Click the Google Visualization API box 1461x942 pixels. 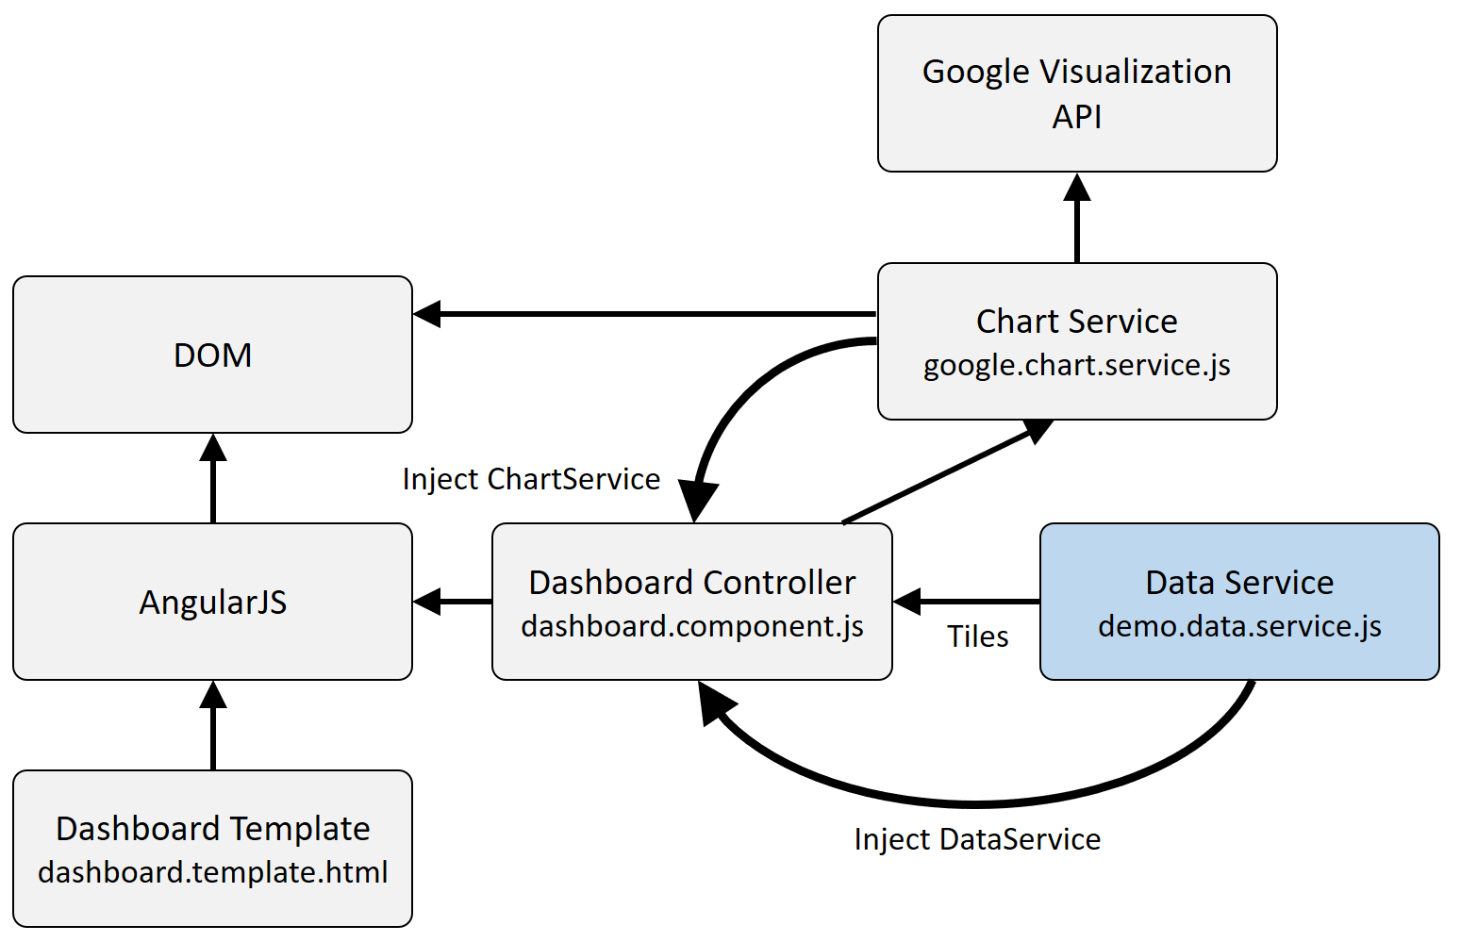point(1076,93)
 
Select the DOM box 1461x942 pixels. point(212,355)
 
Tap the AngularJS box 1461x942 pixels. point(212,602)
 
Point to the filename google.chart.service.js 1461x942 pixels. point(1076,366)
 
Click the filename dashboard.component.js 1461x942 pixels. point(691,626)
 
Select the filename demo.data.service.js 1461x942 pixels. point(1238,626)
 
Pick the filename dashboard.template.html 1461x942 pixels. point(212,872)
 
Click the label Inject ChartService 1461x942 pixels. point(531,479)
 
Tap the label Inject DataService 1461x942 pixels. point(977,839)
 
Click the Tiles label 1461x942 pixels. point(977,637)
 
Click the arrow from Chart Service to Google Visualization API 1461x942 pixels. point(1076,222)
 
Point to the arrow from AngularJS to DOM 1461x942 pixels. point(213,481)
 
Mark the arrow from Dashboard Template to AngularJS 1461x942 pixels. point(213,728)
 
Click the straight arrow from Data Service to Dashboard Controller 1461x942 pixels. point(968,602)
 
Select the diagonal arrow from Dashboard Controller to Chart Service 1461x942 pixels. point(943,473)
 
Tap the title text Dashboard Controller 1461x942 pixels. point(691,583)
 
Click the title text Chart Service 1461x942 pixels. point(1076,322)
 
